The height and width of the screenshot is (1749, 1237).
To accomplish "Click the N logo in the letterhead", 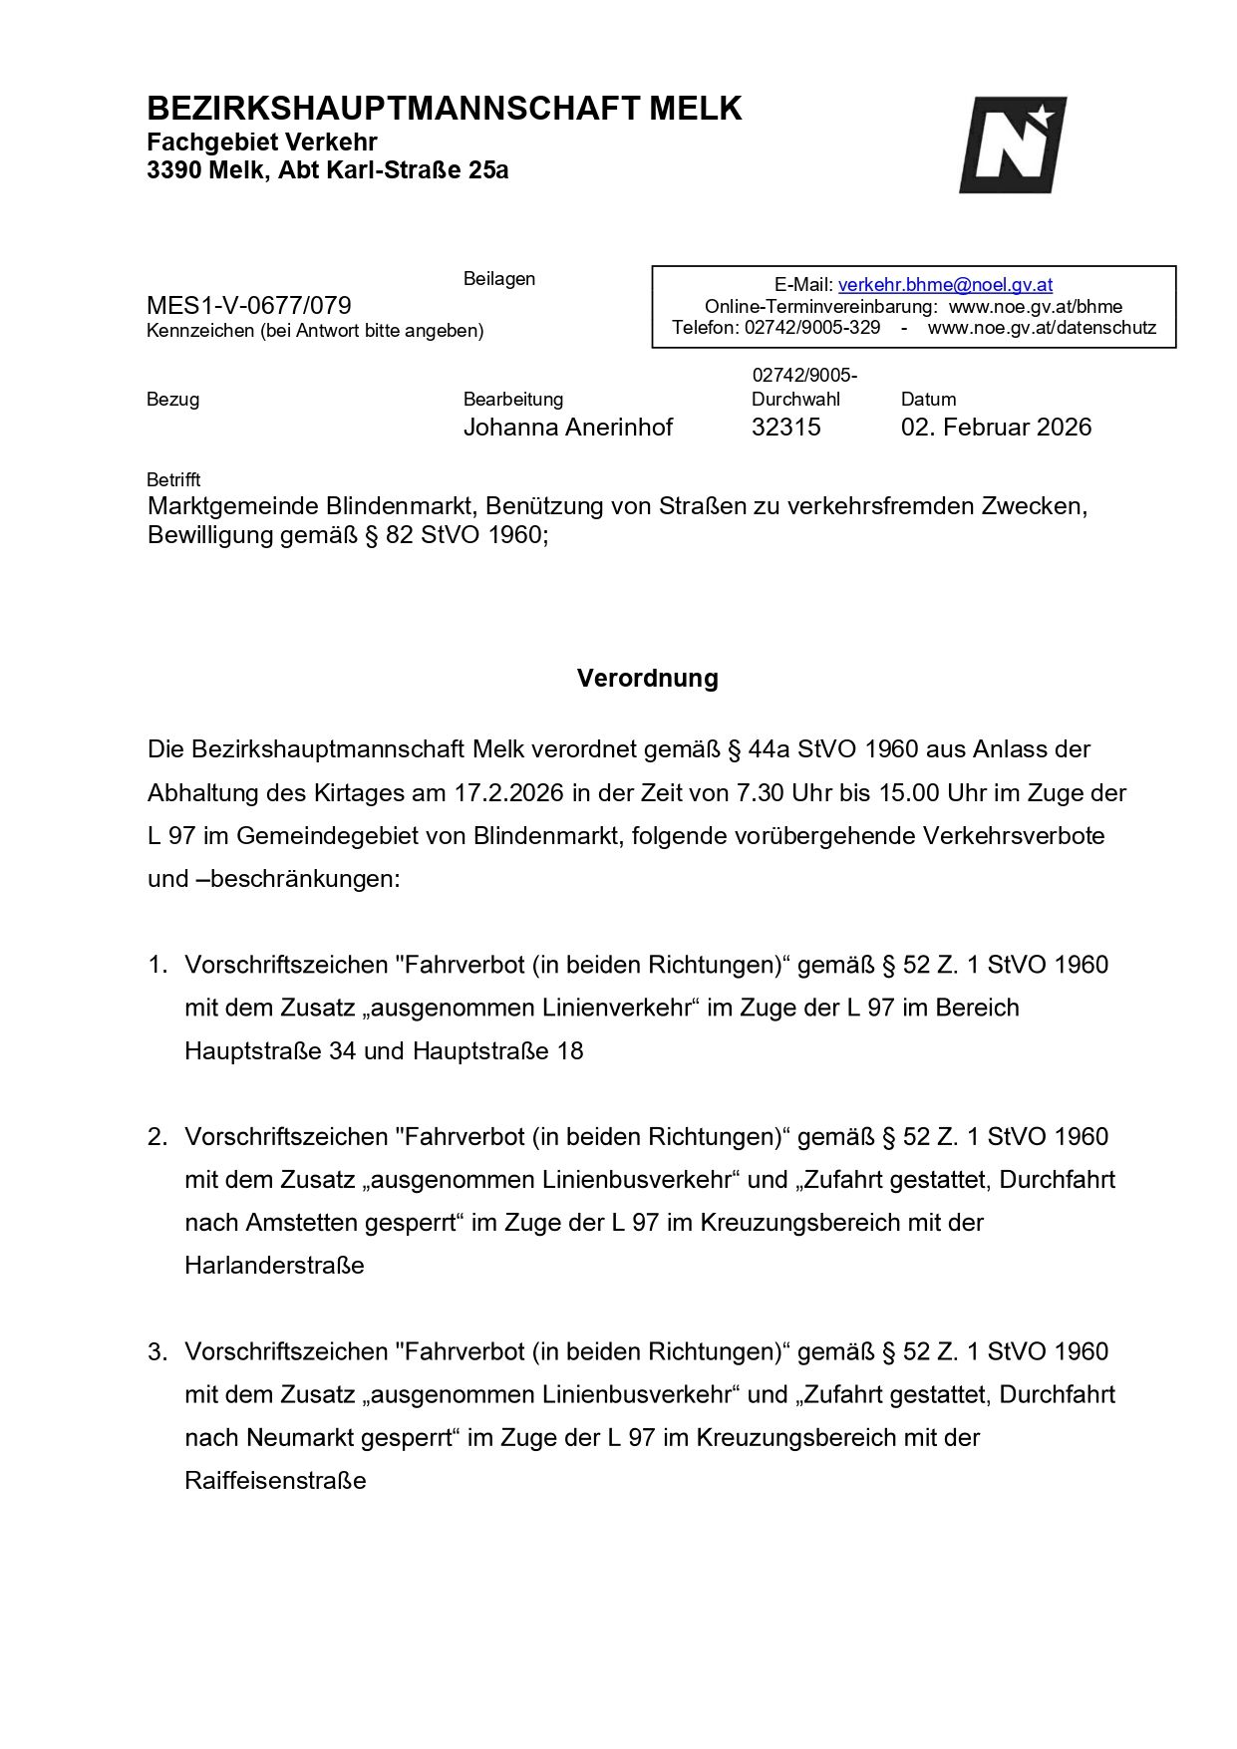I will pyautogui.click(x=1012, y=145).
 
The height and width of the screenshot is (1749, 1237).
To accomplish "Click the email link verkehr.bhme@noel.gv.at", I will pyautogui.click(x=945, y=285).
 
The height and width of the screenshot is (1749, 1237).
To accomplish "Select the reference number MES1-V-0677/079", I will pyautogui.click(x=249, y=305).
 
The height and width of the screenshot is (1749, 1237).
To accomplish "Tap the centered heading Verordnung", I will pyautogui.click(x=647, y=679).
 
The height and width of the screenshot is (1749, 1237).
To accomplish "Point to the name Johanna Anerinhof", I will pyautogui.click(x=567, y=428).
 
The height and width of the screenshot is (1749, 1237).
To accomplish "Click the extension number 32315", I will pyautogui.click(x=785, y=428).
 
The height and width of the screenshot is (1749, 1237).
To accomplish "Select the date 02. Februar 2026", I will pyautogui.click(x=996, y=428).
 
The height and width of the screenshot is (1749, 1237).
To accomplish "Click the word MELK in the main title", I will pyautogui.click(x=695, y=109).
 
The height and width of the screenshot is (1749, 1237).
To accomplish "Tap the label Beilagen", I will pyautogui.click(x=498, y=279).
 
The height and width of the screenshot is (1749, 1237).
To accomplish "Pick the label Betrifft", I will pyautogui.click(x=173, y=479).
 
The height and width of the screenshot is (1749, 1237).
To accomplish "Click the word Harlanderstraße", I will pyautogui.click(x=274, y=1266).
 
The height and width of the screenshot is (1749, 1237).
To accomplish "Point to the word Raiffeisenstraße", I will pyautogui.click(x=275, y=1481).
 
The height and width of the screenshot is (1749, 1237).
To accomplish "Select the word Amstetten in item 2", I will pyautogui.click(x=297, y=1223).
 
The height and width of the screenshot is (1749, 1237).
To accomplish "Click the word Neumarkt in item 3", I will pyautogui.click(x=295, y=1438).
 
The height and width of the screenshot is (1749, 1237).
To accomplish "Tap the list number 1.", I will pyautogui.click(x=156, y=965).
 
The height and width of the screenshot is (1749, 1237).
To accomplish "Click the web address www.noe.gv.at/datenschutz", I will pyautogui.click(x=1042, y=328).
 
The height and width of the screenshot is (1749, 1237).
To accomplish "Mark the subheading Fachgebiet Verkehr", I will pyautogui.click(x=261, y=142).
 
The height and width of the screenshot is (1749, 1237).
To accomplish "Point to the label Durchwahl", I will pyautogui.click(x=795, y=400).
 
